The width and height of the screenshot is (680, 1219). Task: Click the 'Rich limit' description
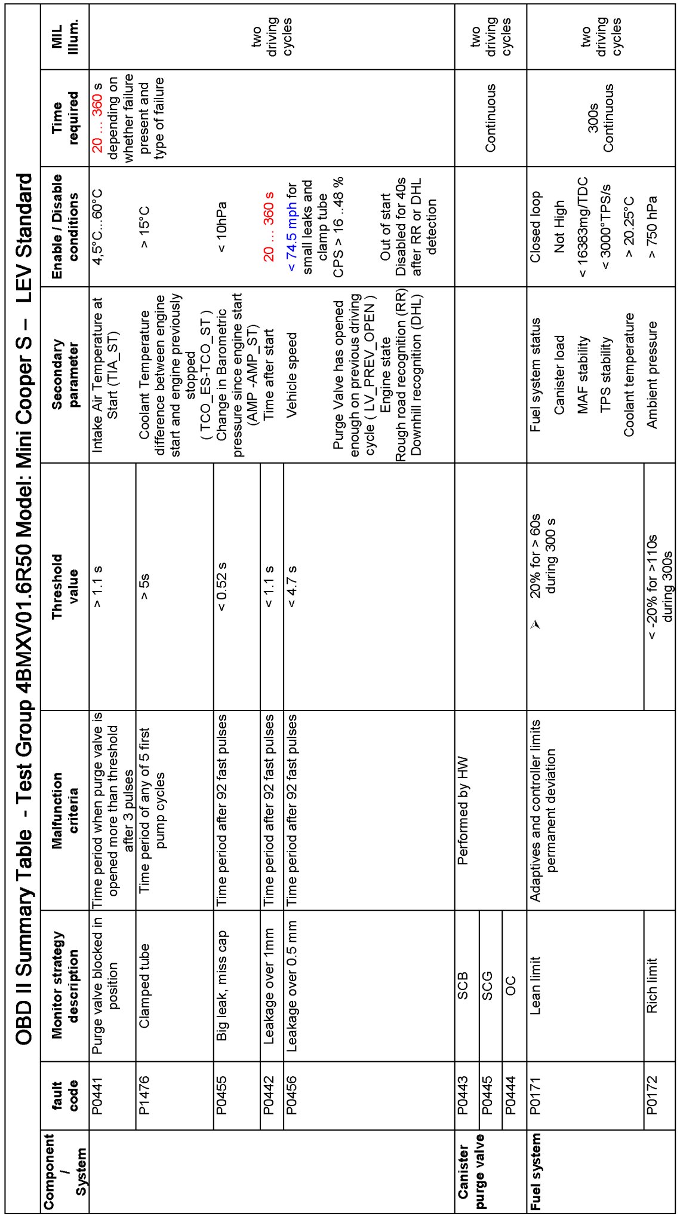[652, 985]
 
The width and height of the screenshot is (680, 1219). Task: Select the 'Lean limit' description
[536, 985]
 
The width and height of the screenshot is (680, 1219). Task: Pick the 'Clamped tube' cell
[144, 985]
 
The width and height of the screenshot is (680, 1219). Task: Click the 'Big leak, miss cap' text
[221, 985]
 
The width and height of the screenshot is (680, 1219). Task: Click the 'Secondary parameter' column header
[64, 374]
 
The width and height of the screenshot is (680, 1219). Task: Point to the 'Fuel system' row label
[536, 1171]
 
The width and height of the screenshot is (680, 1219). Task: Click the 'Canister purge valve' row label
[471, 1171]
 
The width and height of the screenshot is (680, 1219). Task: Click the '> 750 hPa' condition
[652, 227]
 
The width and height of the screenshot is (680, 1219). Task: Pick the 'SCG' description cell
[487, 985]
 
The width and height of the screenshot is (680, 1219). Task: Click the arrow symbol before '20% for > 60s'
[536, 624]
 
